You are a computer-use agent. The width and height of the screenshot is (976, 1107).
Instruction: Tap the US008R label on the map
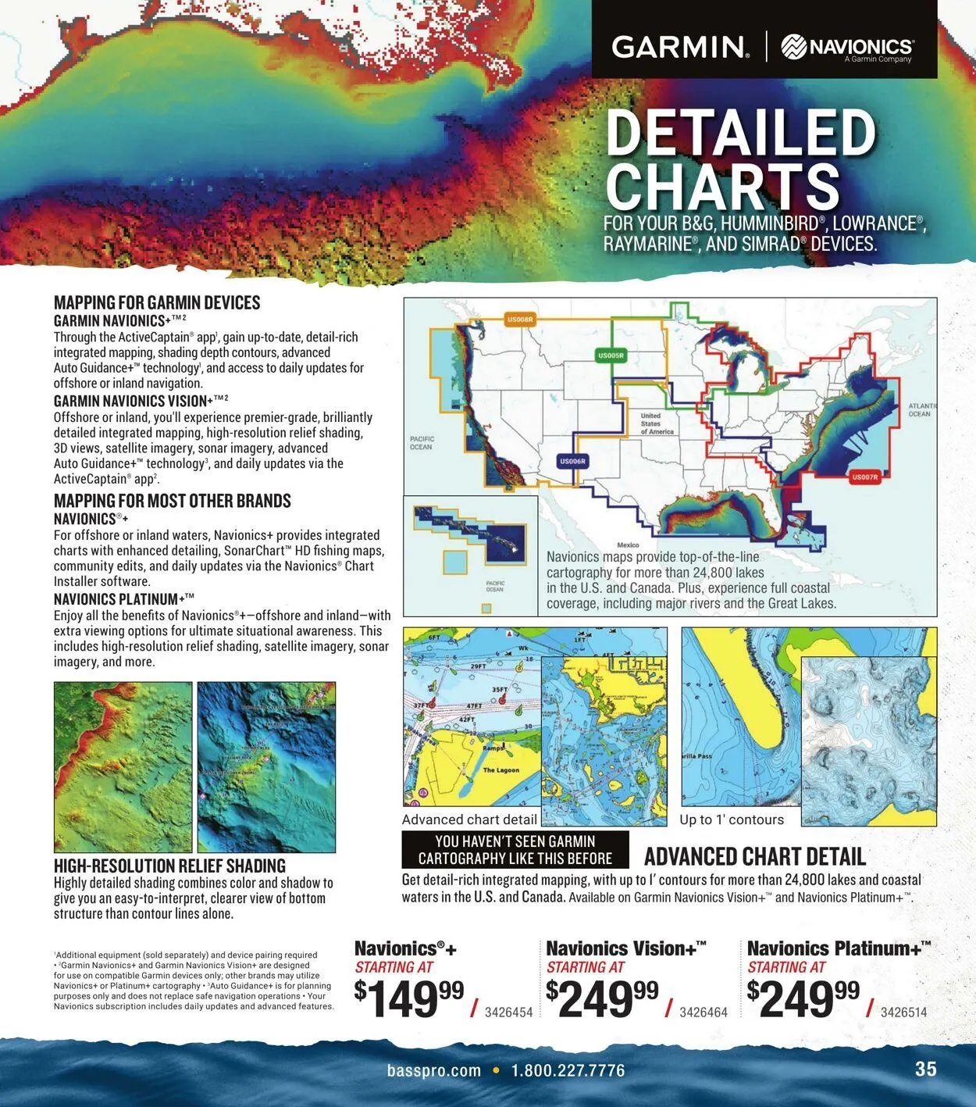pos(519,320)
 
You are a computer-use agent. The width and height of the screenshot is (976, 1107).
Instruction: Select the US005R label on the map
pos(611,356)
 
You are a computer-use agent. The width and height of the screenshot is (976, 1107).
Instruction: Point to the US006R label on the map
pos(572,462)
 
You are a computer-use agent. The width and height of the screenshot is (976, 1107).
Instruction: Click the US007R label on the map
pos(864,477)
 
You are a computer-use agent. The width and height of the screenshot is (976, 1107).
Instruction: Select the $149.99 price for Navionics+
pos(408,999)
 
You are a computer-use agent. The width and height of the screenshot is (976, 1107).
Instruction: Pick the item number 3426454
pos(508,1012)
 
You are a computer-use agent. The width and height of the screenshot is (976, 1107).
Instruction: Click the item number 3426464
pos(703,1012)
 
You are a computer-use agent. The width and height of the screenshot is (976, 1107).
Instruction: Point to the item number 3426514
pos(903,1012)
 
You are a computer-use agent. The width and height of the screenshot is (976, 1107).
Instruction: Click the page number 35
pos(925,1069)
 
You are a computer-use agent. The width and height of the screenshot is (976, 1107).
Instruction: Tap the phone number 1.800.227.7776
pos(568,1070)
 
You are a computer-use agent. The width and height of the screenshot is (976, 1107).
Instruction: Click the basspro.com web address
pos(434,1070)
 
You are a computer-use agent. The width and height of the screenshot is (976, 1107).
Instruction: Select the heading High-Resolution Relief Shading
pos(169,866)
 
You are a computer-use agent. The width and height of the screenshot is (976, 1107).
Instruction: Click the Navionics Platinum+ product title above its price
pos(839,948)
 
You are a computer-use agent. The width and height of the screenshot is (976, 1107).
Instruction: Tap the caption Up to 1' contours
pos(732,820)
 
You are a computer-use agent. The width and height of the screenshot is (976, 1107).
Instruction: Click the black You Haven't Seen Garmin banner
pos(515,850)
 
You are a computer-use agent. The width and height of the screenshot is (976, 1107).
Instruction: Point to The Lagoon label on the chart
pos(500,770)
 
